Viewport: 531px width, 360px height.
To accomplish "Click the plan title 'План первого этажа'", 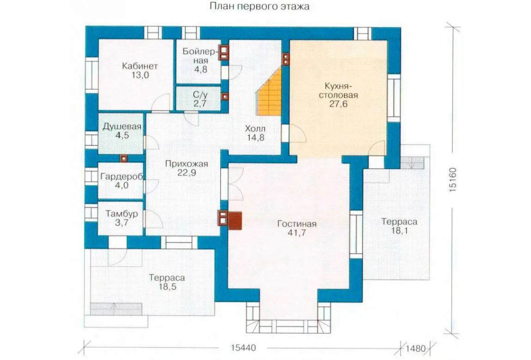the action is tap(259, 6).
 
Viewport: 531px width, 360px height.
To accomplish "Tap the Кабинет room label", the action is tap(140, 66).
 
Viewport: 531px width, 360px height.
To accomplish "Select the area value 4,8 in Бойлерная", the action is tap(200, 70).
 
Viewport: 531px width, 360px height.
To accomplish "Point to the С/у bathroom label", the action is tap(200, 95).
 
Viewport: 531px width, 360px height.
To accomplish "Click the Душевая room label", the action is tap(122, 127).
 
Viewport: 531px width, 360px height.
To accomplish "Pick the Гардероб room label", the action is tap(121, 177).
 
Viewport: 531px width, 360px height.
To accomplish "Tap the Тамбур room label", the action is tap(121, 214).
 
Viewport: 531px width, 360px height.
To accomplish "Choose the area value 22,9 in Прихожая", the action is tap(187, 173).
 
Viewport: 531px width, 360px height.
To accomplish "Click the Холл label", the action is tap(255, 129).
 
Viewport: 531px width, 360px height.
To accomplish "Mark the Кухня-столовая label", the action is tap(338, 90).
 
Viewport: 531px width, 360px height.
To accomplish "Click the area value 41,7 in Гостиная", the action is tap(296, 233).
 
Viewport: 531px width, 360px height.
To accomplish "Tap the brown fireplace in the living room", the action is tap(235, 221).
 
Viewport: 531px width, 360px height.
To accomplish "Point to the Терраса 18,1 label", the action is tap(399, 226).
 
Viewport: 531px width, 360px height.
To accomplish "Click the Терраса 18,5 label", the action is tap(167, 282).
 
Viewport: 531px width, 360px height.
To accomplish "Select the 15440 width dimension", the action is tap(243, 348).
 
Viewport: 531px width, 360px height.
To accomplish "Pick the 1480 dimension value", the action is tap(415, 348).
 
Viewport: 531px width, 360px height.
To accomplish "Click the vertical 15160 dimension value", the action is tap(453, 180).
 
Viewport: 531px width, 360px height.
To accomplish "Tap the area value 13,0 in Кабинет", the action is tap(140, 75).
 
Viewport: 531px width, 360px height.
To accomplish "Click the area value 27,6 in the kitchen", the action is tap(338, 104).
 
